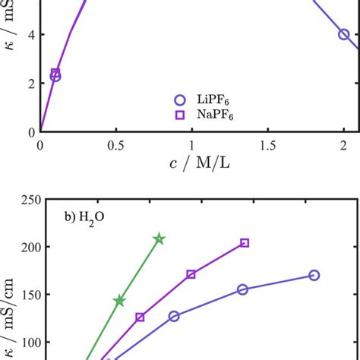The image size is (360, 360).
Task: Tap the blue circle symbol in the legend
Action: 179,99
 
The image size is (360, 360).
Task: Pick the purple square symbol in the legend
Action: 179,115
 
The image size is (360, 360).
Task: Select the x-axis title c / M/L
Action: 191,163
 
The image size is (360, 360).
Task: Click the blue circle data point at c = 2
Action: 344,34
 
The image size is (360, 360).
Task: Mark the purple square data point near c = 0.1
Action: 55,72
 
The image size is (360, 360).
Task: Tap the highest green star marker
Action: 159,239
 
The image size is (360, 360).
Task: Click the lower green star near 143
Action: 119,301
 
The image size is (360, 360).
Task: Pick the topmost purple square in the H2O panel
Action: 245,243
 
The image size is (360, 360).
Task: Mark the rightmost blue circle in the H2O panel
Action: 314,275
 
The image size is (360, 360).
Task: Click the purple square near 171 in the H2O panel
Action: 191,274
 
